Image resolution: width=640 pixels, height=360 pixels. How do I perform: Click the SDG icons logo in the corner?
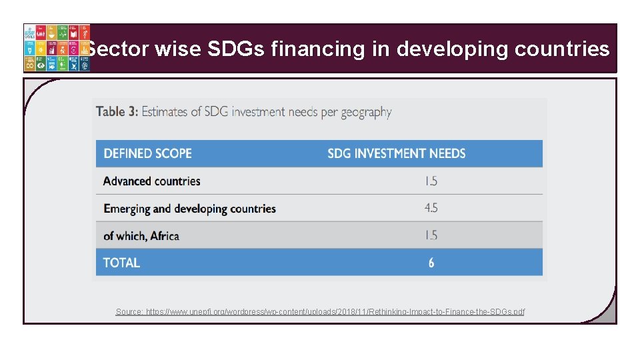(57, 48)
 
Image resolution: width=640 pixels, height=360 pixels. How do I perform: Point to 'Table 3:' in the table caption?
(117, 111)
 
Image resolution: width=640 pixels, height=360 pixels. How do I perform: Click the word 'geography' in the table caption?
(365, 112)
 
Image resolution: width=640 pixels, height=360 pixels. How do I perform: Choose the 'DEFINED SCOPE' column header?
(147, 153)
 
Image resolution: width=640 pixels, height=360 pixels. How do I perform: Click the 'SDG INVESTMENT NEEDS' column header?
(396, 153)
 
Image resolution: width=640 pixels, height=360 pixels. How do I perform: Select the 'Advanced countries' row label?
(151, 181)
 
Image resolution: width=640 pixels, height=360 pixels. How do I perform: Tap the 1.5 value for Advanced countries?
(431, 181)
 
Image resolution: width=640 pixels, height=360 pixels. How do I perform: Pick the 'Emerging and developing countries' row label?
(189, 209)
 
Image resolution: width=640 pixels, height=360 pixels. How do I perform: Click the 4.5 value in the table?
(431, 208)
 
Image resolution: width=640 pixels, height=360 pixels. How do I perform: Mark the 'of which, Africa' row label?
(141, 235)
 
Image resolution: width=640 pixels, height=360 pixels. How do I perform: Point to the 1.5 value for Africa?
(431, 235)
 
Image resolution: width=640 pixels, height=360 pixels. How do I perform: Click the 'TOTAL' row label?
(121, 263)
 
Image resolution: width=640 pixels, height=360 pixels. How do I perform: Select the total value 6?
(431, 263)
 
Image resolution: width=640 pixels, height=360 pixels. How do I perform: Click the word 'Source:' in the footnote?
(129, 311)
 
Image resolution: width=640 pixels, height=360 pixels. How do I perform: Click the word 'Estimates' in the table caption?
(165, 111)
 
